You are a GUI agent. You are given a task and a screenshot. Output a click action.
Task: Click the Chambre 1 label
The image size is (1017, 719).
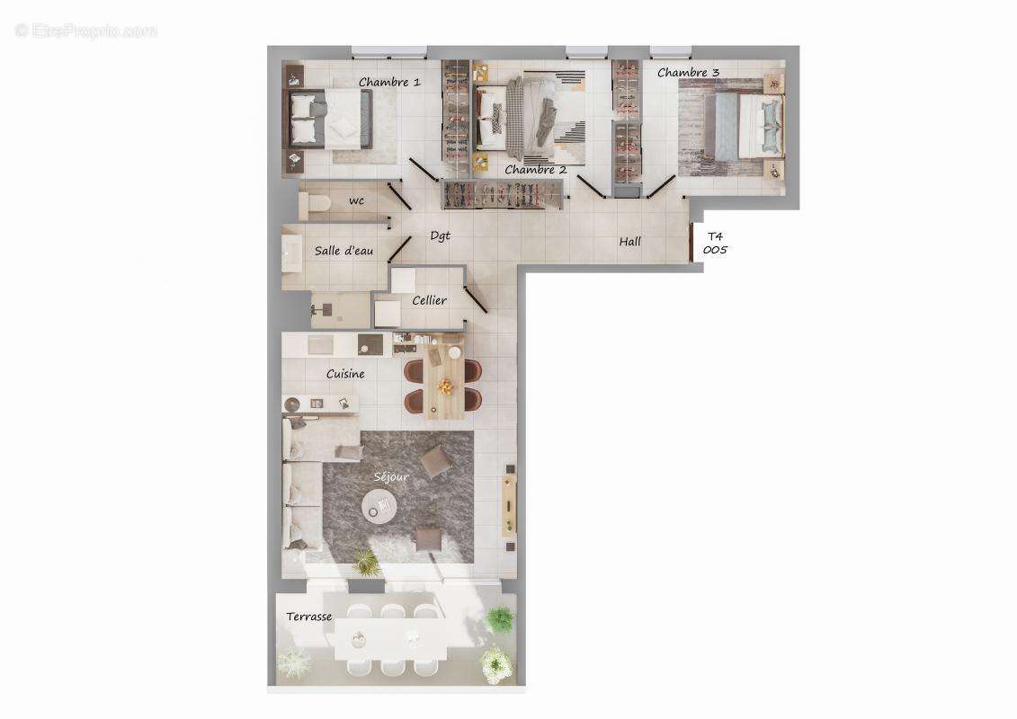coord(389,82)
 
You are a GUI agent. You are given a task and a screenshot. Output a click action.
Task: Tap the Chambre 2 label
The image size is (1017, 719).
coord(535,170)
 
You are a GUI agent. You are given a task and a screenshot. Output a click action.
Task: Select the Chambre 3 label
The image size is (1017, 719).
coord(688,72)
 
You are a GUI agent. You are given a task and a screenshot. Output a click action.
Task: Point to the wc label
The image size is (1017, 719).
coord(357,200)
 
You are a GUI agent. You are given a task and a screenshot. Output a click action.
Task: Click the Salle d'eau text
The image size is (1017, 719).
coord(344,251)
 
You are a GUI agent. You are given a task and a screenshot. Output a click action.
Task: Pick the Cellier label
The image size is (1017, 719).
coord(429,300)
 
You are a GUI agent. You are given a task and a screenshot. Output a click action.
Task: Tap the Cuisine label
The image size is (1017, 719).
coord(345,374)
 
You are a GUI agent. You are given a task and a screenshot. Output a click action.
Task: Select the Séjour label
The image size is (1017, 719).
coord(391,477)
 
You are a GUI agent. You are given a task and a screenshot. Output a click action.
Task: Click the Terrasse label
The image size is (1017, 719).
coord(309,617)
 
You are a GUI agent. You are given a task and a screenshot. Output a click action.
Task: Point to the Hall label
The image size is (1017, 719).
coord(629,241)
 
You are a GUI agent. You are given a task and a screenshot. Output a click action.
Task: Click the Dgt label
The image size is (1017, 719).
coord(440,235)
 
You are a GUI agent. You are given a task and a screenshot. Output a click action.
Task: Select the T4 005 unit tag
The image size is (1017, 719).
coord(714,243)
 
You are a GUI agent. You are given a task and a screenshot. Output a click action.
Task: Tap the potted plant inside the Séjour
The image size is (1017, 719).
coord(365,562)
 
